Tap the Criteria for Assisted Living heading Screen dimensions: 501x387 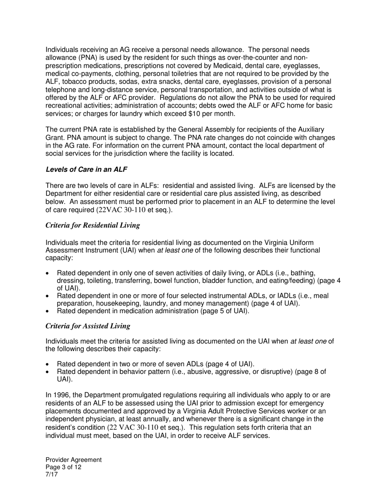coord(88,326)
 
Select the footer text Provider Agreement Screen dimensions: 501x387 coord(73,460)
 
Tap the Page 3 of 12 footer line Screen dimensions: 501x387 coord(63,467)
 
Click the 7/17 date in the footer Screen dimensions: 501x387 coord(52,474)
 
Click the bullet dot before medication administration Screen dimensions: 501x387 coord(48,312)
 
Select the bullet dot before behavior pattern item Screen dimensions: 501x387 coord(48,372)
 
